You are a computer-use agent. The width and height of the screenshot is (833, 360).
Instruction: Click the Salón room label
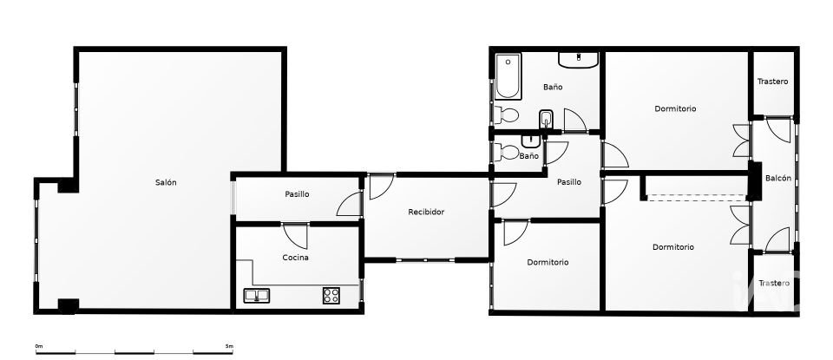166,182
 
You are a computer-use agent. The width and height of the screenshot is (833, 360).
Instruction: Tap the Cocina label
295,258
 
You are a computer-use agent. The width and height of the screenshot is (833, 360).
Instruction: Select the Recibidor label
426,212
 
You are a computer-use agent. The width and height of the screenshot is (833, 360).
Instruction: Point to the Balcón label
777,179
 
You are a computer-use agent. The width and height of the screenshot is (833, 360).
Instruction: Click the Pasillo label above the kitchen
297,194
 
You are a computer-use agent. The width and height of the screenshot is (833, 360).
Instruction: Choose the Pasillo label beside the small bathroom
569,182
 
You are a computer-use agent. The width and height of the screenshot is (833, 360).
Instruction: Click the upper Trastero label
772,82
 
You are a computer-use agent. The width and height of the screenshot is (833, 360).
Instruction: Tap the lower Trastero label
774,284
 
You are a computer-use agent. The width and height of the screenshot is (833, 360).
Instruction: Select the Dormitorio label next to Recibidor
548,262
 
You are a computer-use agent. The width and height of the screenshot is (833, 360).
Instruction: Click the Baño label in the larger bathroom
553,87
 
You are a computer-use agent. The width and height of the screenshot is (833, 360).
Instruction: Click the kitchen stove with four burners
331,295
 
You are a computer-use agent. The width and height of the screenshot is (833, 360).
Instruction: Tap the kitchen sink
257,296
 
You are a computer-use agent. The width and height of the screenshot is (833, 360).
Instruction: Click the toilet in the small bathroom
507,153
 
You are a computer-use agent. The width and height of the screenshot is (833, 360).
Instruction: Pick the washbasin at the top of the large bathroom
578,60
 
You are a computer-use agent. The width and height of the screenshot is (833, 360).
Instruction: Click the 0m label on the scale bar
38,346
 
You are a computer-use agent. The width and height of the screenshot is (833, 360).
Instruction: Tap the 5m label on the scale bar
229,346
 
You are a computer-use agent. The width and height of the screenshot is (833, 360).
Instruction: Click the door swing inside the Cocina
295,236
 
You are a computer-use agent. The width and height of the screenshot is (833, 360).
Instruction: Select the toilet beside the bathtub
508,115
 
